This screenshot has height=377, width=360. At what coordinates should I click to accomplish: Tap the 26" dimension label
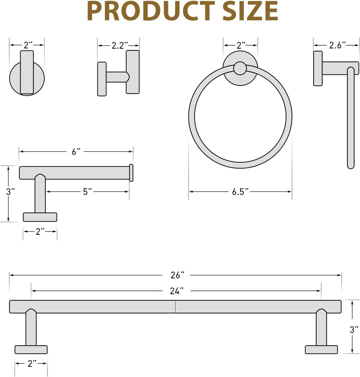[177, 275]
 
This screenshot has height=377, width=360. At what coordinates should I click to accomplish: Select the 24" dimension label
[177, 291]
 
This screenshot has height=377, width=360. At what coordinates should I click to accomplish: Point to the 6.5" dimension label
[240, 191]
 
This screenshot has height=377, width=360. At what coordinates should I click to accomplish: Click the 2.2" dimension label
[120, 45]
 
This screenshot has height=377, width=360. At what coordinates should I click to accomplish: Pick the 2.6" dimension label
[337, 45]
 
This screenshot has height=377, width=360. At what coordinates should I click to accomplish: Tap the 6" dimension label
[76, 151]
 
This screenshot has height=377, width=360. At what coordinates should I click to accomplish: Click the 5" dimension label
[87, 191]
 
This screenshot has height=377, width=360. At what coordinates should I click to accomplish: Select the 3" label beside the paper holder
[11, 191]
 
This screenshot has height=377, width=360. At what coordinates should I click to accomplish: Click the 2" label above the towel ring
[241, 45]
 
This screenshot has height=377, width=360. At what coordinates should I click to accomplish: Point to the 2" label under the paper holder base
[40, 231]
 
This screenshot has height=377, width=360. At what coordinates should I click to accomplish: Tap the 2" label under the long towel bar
[32, 364]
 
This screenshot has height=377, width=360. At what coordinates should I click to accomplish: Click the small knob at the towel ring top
[240, 68]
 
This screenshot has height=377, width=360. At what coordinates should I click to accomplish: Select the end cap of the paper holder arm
[131, 173]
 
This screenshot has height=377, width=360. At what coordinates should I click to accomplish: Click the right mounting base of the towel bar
[321, 349]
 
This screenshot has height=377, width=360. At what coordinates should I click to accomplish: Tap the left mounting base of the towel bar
[31, 349]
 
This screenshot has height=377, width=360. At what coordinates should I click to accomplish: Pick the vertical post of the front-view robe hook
[27, 72]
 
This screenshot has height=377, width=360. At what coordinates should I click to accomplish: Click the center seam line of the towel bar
[175, 307]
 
